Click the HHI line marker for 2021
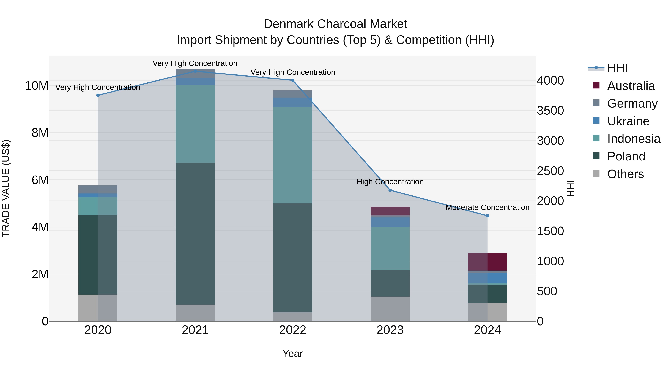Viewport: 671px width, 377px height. tap(195, 71)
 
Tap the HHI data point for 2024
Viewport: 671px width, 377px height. tap(487, 216)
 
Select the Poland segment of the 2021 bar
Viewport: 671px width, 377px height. tap(195, 233)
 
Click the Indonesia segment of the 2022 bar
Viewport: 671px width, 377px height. tap(292, 155)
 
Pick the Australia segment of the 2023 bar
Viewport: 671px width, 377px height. tap(390, 211)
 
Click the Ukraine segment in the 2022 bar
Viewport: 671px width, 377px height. tap(292, 102)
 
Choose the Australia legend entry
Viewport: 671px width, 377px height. tap(631, 86)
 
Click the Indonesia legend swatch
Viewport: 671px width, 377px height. tap(596, 138)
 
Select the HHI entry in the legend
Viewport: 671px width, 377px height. tap(617, 68)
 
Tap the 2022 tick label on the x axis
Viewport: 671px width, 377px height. tap(292, 330)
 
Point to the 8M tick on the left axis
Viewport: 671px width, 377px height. tap(40, 133)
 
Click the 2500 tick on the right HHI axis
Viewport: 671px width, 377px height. tap(550, 171)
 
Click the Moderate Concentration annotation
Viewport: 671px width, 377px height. tap(487, 207)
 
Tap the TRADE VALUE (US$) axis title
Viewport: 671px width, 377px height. tap(6, 188)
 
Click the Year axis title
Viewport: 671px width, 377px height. tap(292, 354)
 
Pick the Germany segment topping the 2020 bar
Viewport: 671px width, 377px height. tap(98, 189)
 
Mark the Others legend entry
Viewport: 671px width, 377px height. tap(625, 174)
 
